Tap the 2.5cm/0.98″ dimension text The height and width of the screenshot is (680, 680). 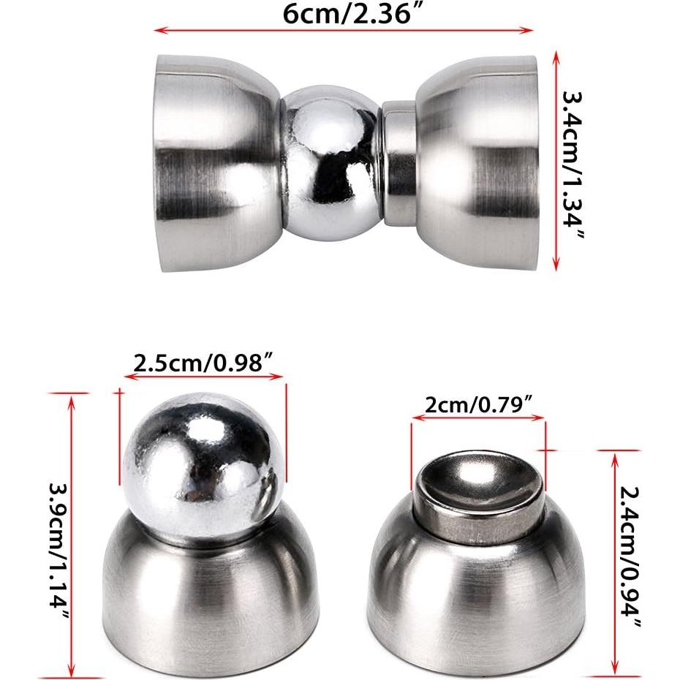click(203, 363)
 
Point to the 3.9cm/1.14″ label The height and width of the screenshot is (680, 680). click(58, 540)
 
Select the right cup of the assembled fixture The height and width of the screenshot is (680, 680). click(479, 162)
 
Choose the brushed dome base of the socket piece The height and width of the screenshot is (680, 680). click(478, 607)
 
